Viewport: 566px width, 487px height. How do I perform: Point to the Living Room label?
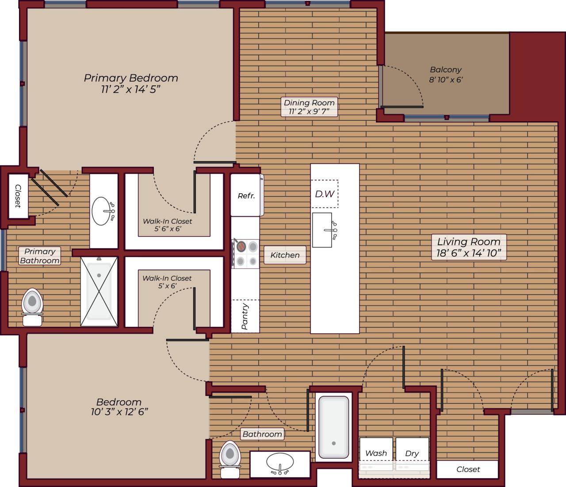469,247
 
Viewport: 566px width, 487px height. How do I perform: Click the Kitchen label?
285,255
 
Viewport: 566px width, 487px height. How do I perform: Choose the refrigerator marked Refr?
246,195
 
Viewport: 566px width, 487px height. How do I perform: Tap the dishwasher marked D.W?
325,194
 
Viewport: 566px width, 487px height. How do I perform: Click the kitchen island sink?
322,230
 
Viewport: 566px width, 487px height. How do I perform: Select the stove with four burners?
246,253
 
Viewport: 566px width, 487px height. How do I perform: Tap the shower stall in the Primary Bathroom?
99,291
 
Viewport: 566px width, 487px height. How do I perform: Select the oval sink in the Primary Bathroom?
103,211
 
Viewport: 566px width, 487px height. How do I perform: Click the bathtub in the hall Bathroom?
334,427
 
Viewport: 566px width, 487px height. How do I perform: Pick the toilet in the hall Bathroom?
230,459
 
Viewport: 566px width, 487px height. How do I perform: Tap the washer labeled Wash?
376,453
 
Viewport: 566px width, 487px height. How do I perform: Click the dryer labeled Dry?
412,453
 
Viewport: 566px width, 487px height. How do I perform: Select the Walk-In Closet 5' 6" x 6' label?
167,225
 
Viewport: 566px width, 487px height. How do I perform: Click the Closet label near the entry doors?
468,469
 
